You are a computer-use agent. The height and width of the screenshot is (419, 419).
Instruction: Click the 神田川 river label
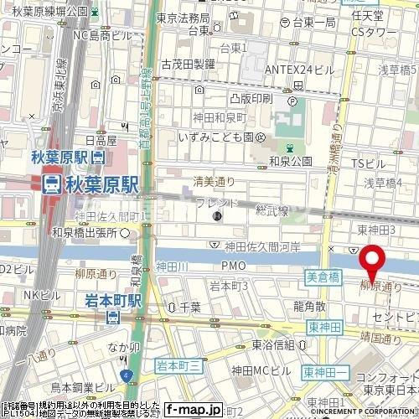tap(172, 266)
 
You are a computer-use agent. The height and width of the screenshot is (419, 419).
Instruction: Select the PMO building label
tap(233, 266)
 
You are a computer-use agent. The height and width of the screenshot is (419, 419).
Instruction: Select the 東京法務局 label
tap(184, 17)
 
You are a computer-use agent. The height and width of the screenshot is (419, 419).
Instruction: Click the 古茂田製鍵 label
tap(188, 63)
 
